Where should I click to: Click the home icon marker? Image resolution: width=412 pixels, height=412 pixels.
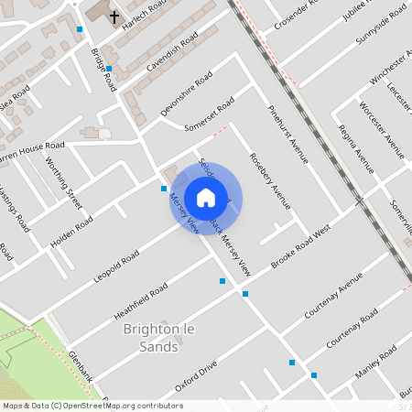coord(206,198)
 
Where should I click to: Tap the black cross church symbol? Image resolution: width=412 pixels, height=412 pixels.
coord(114,16)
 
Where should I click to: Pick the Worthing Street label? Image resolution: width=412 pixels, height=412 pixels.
coord(63,182)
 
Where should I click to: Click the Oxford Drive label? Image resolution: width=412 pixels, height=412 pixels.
coord(195,376)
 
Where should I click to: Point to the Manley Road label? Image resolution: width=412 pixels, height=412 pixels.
coord(374,363)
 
